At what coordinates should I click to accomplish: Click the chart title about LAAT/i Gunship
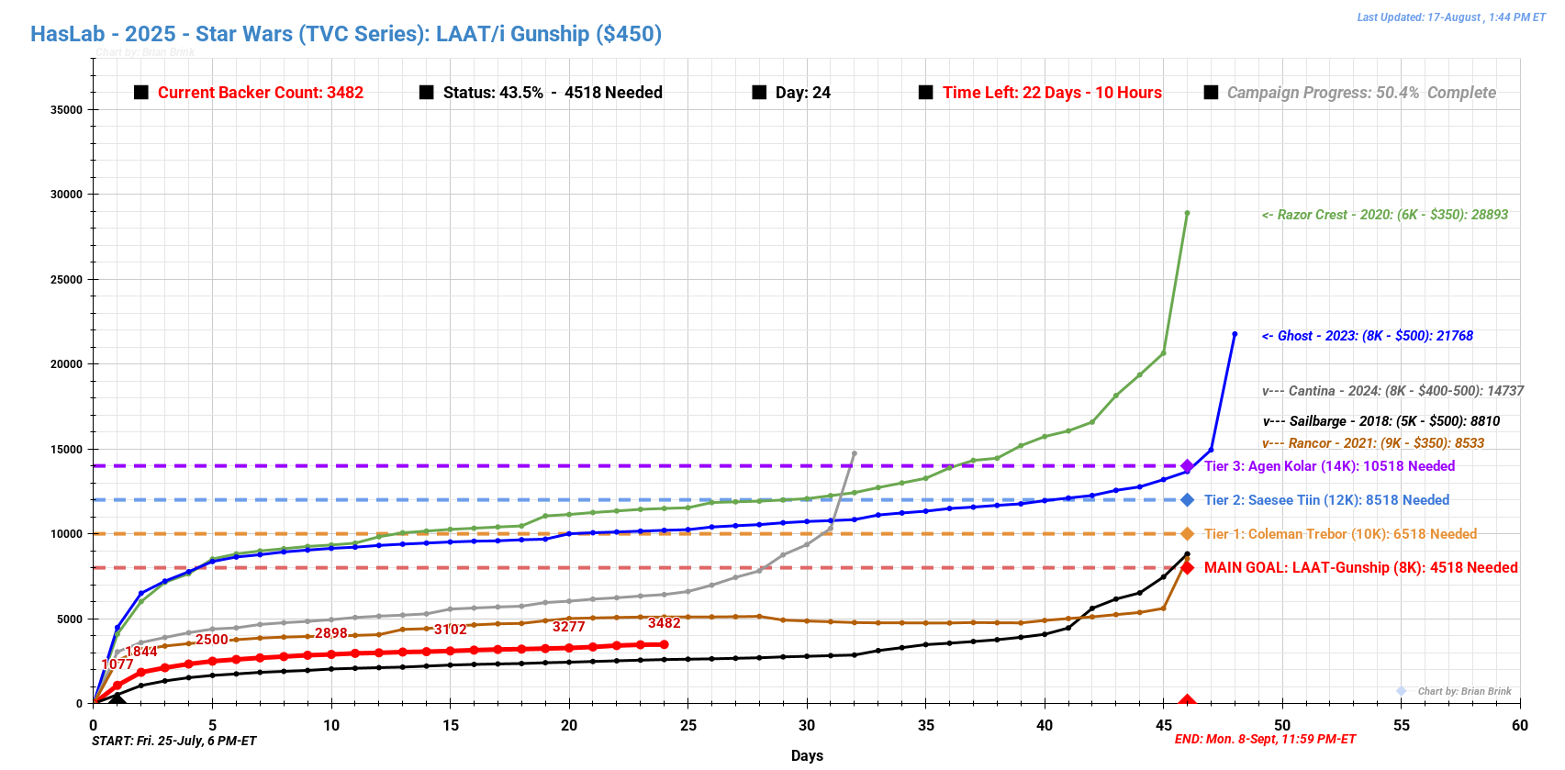pos(346,34)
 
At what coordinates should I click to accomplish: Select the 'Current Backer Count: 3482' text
pos(260,93)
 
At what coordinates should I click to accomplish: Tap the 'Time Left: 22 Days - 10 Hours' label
pos(1052,93)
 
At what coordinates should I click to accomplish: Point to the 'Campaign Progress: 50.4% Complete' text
pos(1361,93)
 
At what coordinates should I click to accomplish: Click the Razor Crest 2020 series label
pos(1384,215)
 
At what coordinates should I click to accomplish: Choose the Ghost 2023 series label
pos(1367,336)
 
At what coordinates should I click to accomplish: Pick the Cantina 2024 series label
pos(1392,391)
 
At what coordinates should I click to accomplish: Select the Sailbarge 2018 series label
pos(1381,421)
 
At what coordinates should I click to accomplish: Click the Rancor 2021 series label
pos(1373,443)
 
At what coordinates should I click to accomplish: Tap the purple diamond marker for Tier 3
pos(1187,466)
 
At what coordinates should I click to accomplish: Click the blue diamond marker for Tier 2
pos(1187,500)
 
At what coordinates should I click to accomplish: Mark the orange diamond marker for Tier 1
pos(1187,534)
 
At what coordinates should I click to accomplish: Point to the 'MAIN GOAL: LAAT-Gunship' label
pos(1360,568)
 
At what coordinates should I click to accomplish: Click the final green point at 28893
pos(1187,213)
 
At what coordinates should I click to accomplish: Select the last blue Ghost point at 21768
pos(1235,334)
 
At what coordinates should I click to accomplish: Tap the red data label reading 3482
pos(664,623)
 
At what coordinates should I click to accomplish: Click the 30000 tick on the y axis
pos(66,195)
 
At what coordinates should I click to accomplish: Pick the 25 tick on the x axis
pos(688,725)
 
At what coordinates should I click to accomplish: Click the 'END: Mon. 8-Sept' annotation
pos(1265,740)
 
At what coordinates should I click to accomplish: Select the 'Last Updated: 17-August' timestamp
pos(1451,17)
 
